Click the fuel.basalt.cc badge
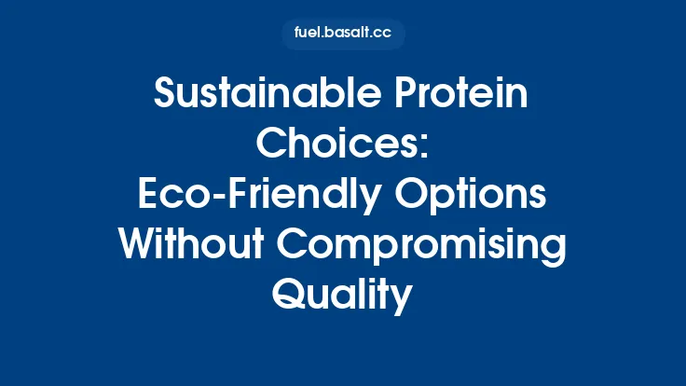click(343, 34)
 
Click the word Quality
click(342, 295)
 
